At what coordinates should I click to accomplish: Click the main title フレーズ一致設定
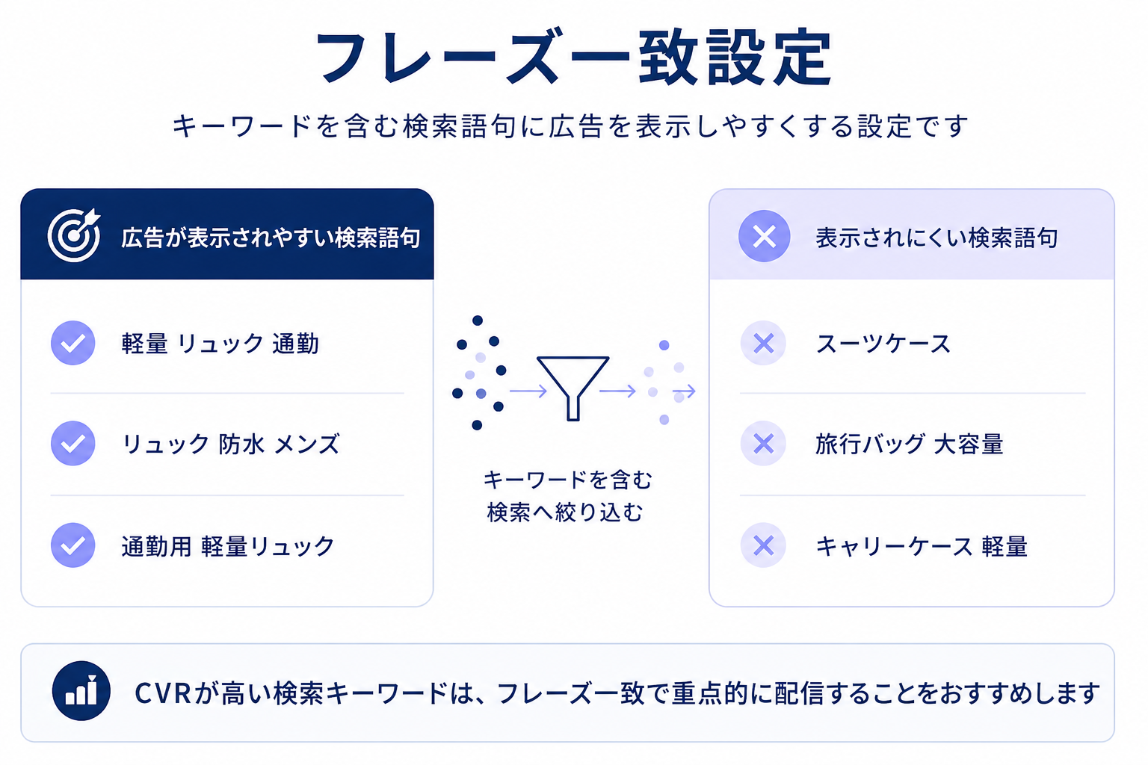click(573, 58)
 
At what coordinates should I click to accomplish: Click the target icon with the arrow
click(74, 235)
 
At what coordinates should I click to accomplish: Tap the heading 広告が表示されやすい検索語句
click(271, 238)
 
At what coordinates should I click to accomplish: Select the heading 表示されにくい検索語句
click(936, 238)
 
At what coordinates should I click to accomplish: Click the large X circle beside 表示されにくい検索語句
click(764, 236)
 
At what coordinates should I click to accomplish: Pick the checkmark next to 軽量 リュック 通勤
click(72, 343)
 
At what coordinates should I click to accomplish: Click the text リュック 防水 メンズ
click(231, 444)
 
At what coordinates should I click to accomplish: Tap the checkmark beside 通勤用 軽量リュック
click(72, 545)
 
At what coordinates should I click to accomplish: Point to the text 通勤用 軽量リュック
click(228, 546)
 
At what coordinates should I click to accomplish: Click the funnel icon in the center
click(573, 388)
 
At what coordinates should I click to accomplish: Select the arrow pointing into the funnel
click(528, 391)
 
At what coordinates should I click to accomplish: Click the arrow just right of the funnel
click(617, 391)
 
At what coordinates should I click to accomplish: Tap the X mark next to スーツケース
click(763, 343)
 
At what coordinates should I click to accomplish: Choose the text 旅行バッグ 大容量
click(909, 444)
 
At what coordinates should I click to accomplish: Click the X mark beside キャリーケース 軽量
click(763, 545)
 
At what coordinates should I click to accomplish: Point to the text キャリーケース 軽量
click(922, 546)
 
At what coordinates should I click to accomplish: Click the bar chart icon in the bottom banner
click(81, 691)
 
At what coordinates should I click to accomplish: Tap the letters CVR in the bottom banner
click(162, 693)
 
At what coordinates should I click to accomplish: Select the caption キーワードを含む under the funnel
click(568, 480)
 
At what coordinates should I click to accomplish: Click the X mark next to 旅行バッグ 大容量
click(763, 443)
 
